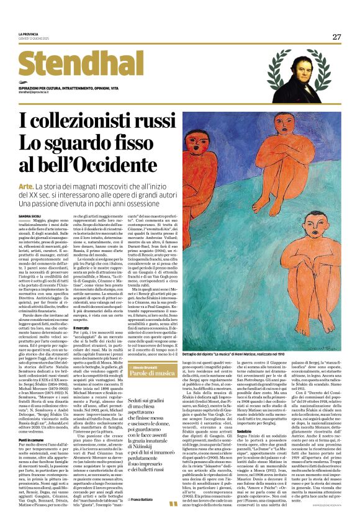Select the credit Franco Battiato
pyautogui.click(x=124, y=517)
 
